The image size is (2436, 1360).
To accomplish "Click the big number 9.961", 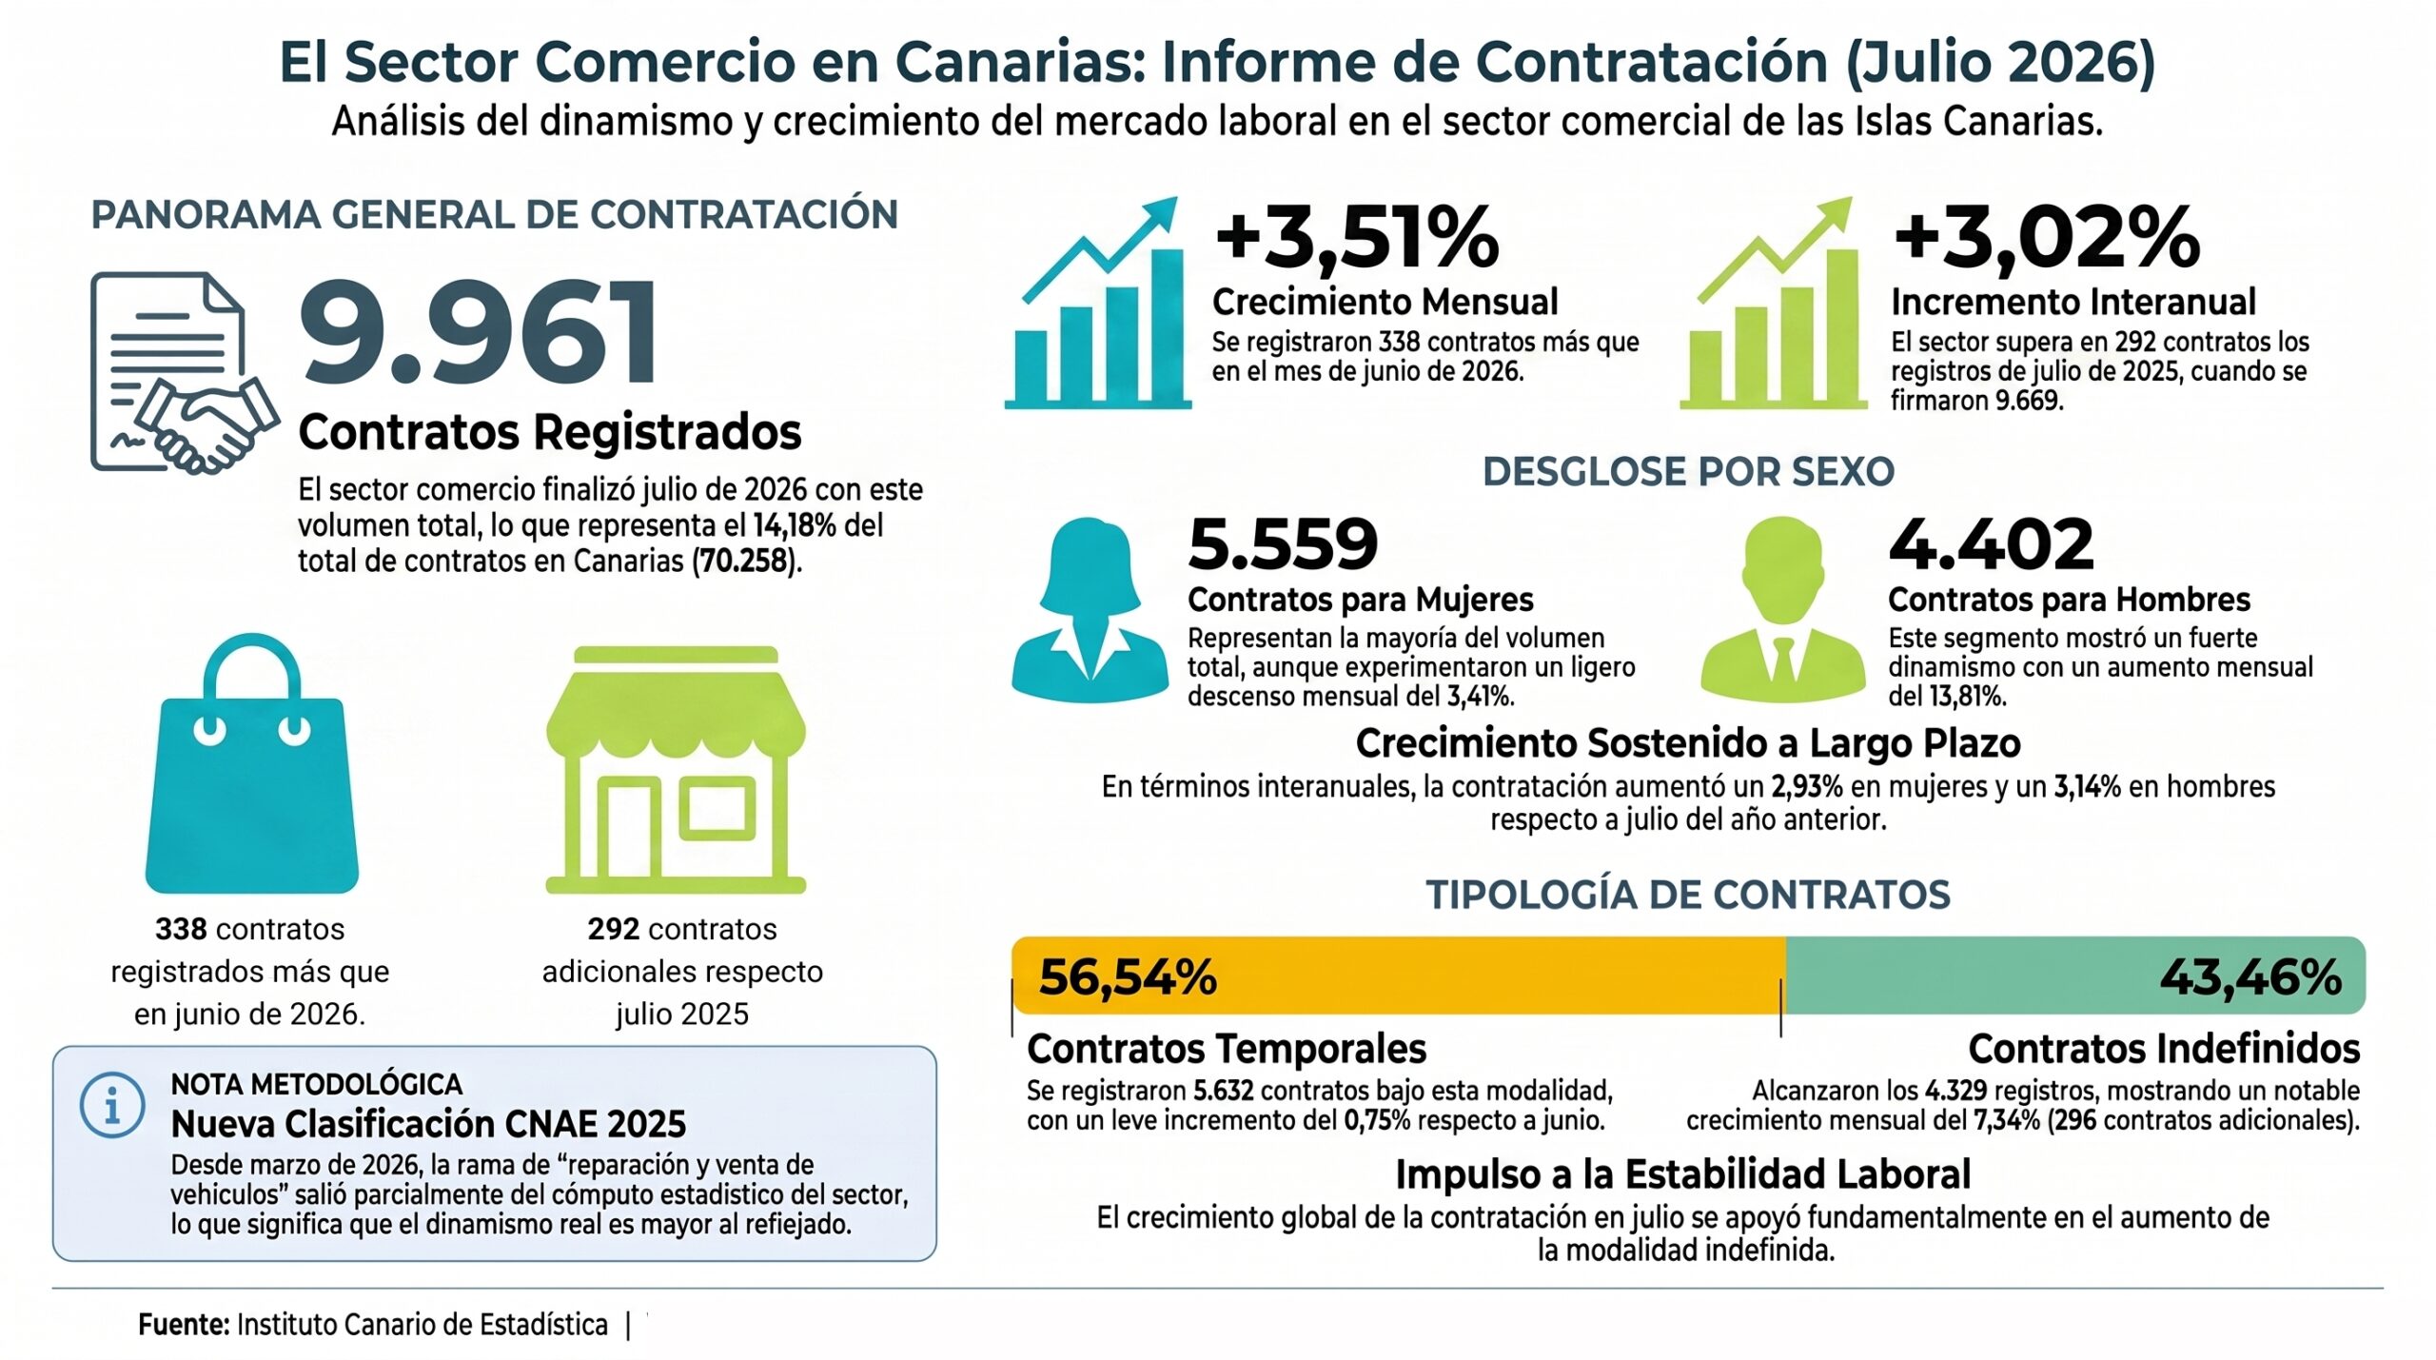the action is [x=479, y=332].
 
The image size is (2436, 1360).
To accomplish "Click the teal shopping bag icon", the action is [x=251, y=763].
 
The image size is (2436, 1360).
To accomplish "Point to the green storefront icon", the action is [x=676, y=770].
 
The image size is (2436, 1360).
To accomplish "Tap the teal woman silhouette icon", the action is [x=1090, y=609].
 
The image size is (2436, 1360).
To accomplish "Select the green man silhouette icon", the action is [x=1782, y=609].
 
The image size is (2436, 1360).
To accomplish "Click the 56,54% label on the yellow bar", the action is [x=1128, y=976].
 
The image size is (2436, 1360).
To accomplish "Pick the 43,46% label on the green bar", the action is [x=2250, y=976].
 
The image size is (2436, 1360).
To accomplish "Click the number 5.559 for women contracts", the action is [x=1283, y=544].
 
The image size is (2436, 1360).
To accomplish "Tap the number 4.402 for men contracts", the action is [x=1991, y=544].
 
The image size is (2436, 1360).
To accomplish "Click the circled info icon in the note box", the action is [x=112, y=1106].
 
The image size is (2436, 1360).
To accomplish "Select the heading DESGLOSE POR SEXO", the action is [x=1688, y=472].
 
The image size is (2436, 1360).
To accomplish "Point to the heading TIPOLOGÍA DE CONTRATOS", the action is [x=1688, y=896].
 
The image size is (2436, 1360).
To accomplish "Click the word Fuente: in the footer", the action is [x=184, y=1324].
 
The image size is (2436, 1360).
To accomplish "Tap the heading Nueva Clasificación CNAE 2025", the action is [x=428, y=1124].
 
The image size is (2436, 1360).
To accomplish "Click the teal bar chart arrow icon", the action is [x=1098, y=303].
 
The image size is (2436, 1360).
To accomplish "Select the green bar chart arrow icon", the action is [x=1774, y=303].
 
